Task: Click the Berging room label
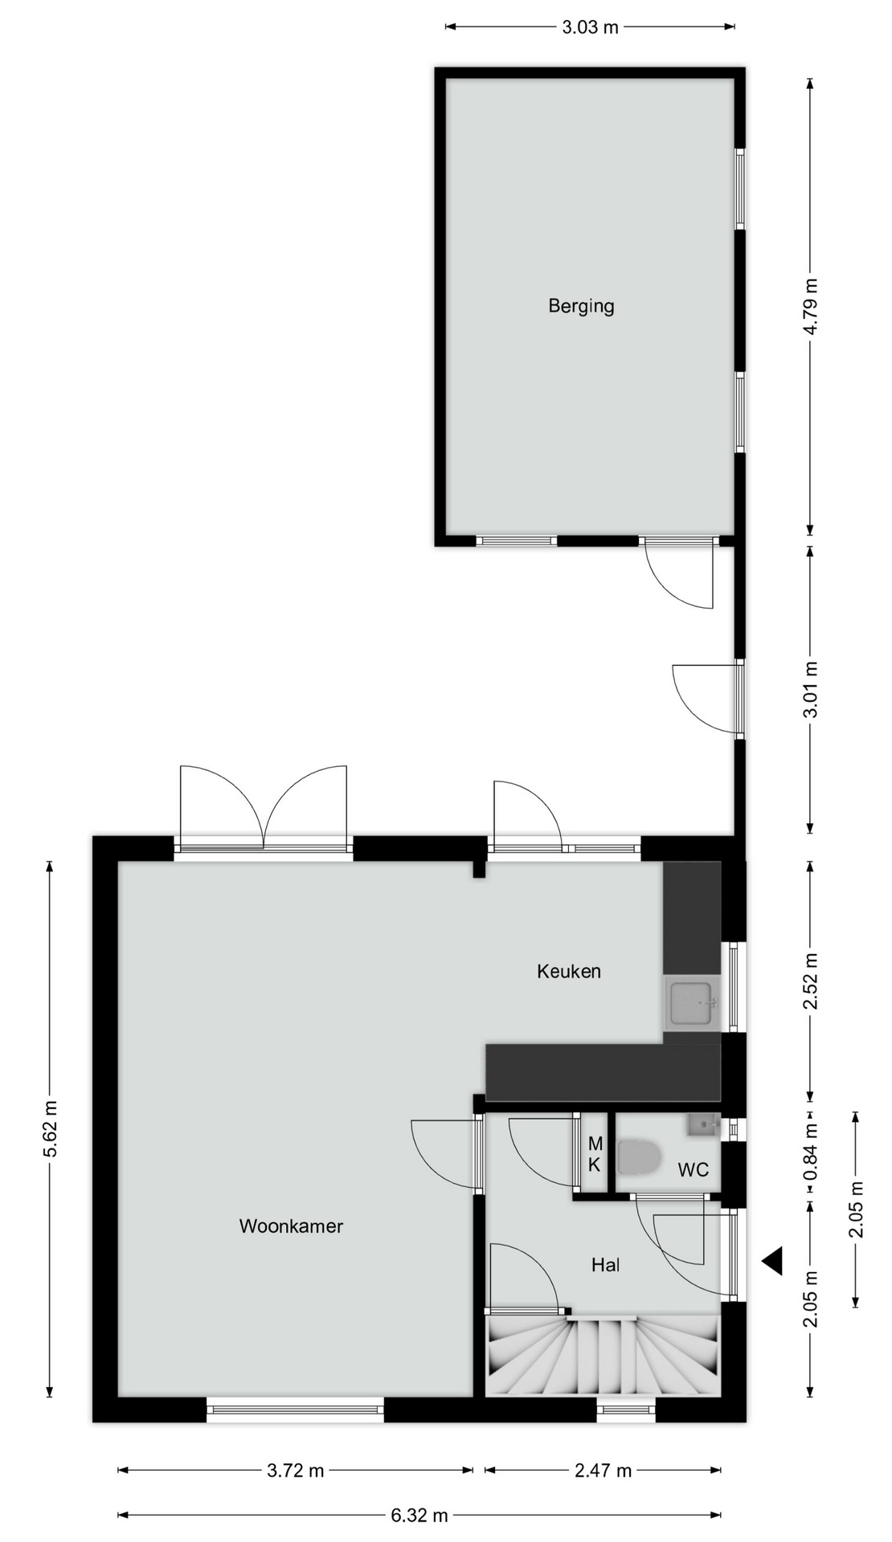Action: tap(581, 306)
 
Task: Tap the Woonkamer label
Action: tap(291, 1226)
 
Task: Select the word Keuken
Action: tap(569, 971)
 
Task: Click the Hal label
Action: tap(606, 1265)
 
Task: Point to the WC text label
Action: tap(694, 1169)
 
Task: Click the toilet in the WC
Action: tap(639, 1158)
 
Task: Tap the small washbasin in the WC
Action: tap(704, 1124)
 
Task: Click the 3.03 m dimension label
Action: tap(590, 27)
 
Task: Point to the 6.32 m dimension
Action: tap(419, 1515)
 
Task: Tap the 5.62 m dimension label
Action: tap(50, 1128)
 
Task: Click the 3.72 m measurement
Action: tap(295, 1471)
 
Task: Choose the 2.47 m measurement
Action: tap(603, 1471)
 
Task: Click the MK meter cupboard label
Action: tap(595, 1154)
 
